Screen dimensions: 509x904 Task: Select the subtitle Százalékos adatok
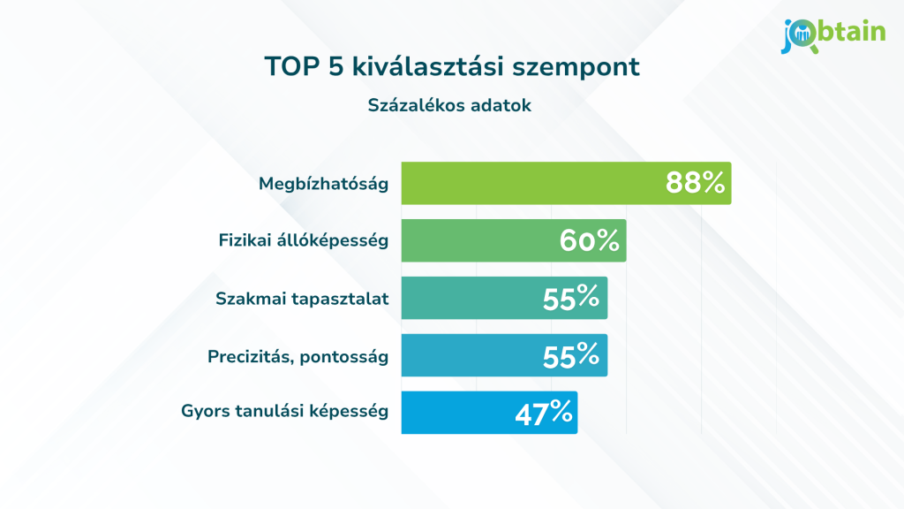click(x=449, y=105)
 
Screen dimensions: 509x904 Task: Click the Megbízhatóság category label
click(x=323, y=185)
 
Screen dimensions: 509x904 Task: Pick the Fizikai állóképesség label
click(x=303, y=240)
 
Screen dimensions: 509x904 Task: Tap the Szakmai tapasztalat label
click(x=302, y=298)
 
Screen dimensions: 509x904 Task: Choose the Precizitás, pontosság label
click(x=298, y=356)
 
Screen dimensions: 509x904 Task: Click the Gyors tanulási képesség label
click(x=284, y=412)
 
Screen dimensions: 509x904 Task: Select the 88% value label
click(x=695, y=183)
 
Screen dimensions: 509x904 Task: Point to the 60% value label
click(x=589, y=240)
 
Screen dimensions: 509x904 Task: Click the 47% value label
click(x=543, y=413)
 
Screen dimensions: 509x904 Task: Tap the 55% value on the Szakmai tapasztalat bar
click(x=570, y=299)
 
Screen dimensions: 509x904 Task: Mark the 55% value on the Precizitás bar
click(x=570, y=356)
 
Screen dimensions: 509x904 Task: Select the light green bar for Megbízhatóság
click(x=530, y=183)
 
